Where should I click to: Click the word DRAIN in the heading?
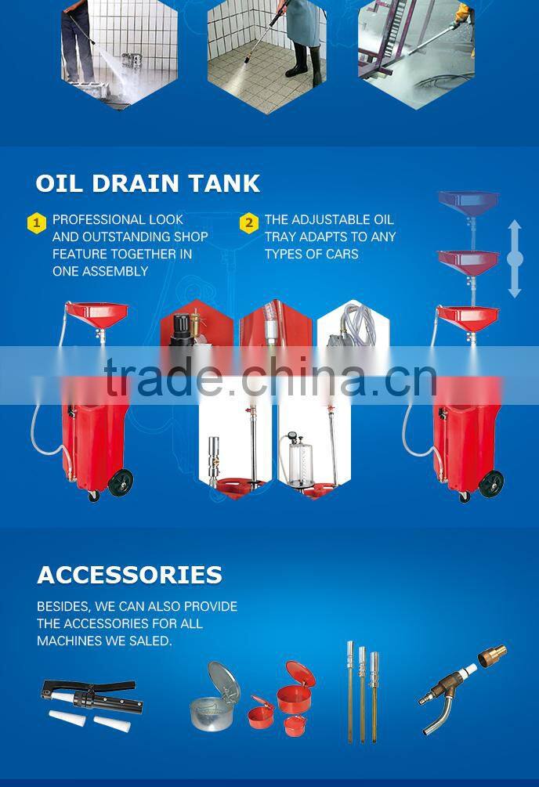[x=135, y=184]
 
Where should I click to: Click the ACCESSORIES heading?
[x=129, y=576]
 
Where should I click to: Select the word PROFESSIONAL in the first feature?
[x=92, y=219]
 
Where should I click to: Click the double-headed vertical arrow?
[x=515, y=259]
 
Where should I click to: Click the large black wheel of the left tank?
[x=121, y=482]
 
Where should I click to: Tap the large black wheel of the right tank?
[x=490, y=484]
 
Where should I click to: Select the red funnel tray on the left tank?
[x=97, y=314]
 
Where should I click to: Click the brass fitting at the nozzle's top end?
[x=492, y=656]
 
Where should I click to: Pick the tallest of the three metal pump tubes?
[x=350, y=691]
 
